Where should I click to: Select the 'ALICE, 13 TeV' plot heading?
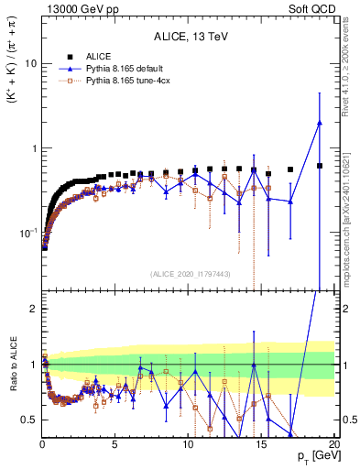tap(189, 37)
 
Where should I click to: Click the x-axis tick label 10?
tap(188, 444)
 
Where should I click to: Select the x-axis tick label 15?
tap(261, 444)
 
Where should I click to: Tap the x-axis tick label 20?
tap(333, 444)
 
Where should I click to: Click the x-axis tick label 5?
tap(115, 444)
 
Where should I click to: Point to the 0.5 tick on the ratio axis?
tap(30, 420)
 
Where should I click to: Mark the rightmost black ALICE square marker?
tap(319, 166)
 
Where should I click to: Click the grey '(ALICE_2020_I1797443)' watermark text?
tap(189, 274)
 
